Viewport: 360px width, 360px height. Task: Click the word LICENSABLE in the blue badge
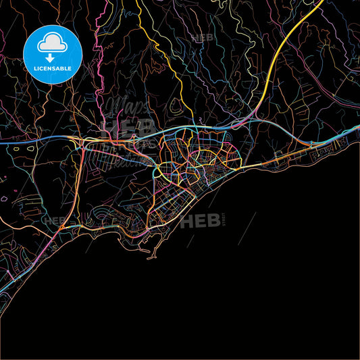click(52, 68)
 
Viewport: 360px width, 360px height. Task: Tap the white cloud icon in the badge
click(52, 44)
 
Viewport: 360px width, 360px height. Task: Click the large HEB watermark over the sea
click(203, 220)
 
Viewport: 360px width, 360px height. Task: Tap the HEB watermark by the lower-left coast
click(55, 220)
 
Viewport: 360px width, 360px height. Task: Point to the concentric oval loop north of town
click(177, 105)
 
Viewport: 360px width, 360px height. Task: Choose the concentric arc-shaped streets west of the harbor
click(108, 220)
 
